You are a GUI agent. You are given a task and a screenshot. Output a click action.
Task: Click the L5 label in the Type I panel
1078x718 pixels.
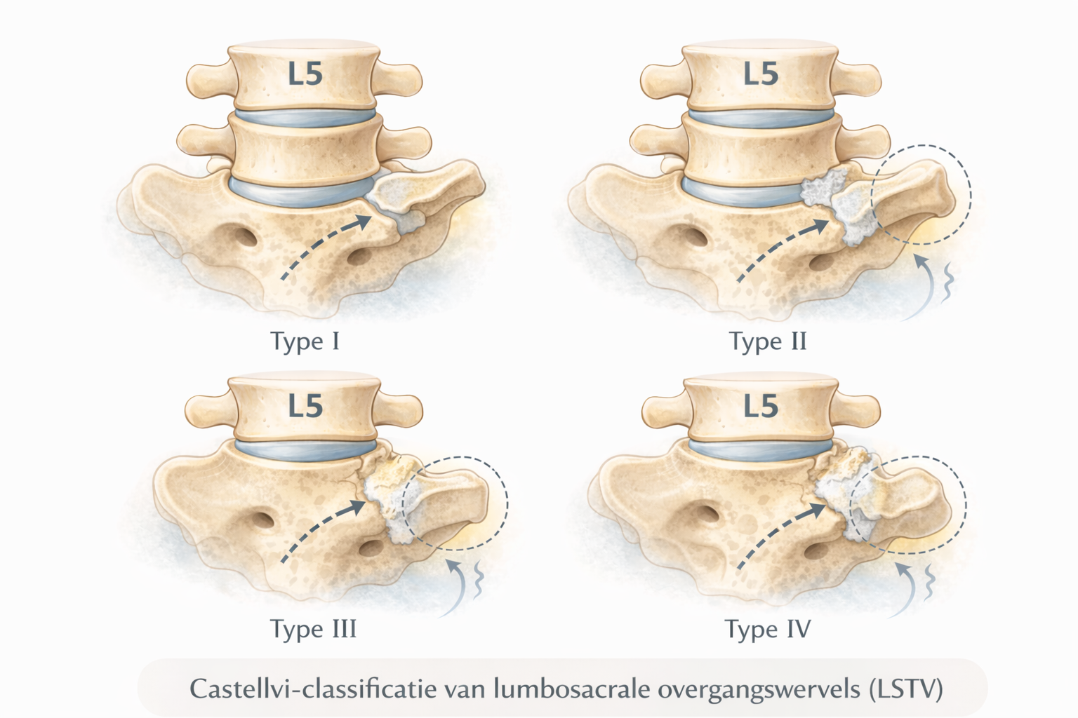tap(305, 74)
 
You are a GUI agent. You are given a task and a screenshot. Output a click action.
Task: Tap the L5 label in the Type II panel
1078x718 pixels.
tap(761, 74)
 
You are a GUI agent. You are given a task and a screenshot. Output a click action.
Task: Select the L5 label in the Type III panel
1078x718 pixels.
tap(305, 406)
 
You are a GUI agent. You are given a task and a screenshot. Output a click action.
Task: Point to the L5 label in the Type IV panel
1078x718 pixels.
tap(761, 406)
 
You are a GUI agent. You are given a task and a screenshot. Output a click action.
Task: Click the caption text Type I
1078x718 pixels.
tap(305, 341)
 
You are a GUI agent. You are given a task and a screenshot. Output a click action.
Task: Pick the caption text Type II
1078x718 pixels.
tap(768, 341)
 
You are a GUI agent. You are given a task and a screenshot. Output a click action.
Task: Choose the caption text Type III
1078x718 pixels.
tap(313, 628)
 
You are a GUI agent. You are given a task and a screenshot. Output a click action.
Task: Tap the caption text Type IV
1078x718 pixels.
tap(768, 628)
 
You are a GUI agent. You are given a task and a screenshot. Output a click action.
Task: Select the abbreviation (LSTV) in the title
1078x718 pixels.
tap(905, 688)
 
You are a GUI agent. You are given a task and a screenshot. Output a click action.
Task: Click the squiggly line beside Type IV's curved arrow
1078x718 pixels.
tap(931, 581)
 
